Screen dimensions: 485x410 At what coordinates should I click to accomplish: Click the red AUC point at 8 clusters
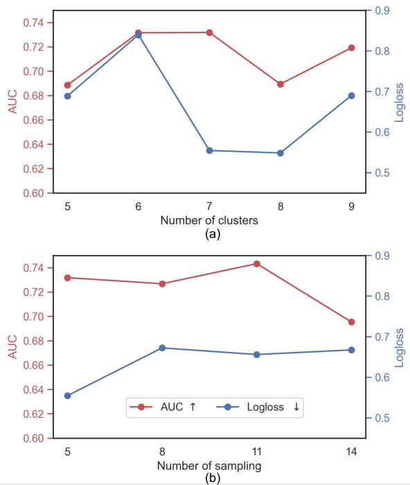click(x=280, y=85)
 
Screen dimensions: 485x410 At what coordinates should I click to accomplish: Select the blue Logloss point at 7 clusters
click(x=209, y=150)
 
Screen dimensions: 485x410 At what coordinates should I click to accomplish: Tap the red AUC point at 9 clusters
click(x=352, y=48)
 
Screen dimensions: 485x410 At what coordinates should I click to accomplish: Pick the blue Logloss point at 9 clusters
click(x=352, y=96)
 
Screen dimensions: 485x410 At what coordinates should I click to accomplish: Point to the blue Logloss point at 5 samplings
click(x=67, y=396)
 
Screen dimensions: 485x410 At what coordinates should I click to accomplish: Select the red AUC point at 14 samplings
click(x=352, y=322)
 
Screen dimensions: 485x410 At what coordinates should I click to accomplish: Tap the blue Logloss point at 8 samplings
click(x=162, y=348)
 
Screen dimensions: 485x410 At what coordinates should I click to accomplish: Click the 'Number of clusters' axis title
click(x=209, y=220)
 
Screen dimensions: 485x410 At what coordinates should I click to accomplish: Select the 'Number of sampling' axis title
click(x=209, y=466)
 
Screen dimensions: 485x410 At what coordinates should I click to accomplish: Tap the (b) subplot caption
click(x=209, y=479)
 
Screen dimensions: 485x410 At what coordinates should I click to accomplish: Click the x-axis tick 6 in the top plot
click(x=139, y=206)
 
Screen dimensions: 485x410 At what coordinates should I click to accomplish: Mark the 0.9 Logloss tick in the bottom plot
click(x=380, y=256)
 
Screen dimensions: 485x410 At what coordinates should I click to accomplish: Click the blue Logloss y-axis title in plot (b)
click(x=400, y=347)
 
